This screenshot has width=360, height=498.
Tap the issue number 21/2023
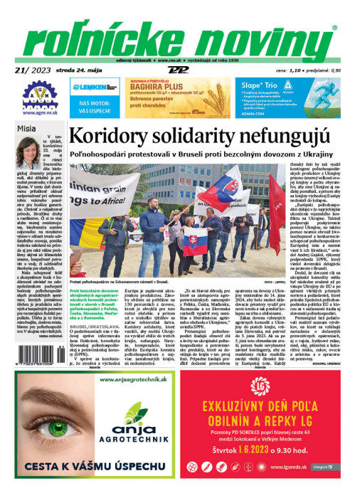click(33, 70)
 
